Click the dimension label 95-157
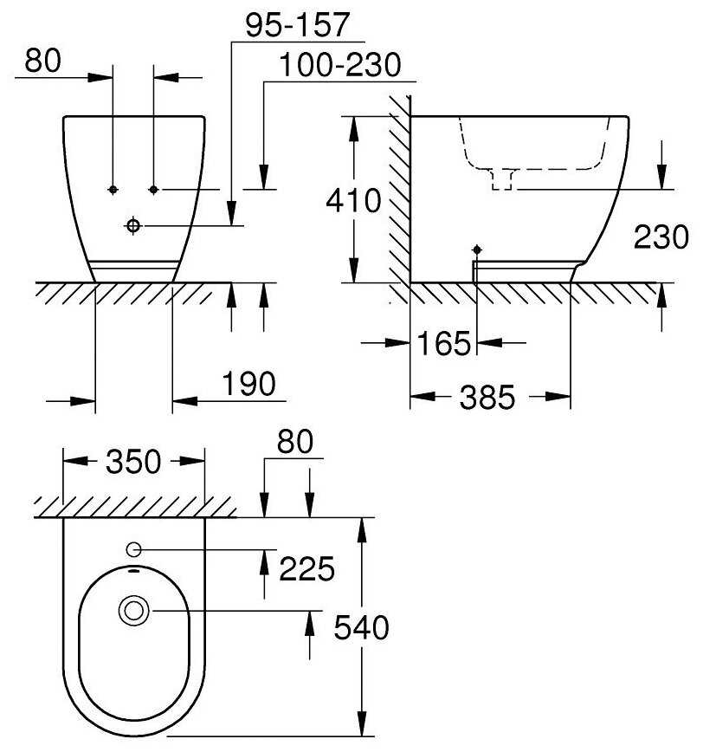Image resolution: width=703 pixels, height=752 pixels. click(x=298, y=25)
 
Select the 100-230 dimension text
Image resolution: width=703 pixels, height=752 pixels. click(x=339, y=65)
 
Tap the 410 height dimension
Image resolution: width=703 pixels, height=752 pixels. click(x=353, y=200)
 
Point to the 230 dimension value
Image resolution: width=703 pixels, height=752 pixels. click(x=661, y=237)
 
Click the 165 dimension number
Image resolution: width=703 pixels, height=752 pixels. click(x=444, y=343)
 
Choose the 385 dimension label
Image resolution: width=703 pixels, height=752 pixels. click(x=487, y=397)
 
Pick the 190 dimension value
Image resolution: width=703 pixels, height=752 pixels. click(x=248, y=384)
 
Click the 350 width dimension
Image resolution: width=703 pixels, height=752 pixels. click(x=133, y=462)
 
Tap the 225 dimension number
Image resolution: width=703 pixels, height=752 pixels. click(x=306, y=569)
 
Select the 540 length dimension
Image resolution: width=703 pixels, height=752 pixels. click(x=361, y=627)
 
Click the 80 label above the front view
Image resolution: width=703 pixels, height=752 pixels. click(x=43, y=61)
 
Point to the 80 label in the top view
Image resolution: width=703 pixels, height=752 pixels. click(x=295, y=442)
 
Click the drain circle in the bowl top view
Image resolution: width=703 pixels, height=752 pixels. click(x=133, y=611)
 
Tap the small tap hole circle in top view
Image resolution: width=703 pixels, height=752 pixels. click(x=133, y=549)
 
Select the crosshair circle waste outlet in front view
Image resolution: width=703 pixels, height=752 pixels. click(x=133, y=225)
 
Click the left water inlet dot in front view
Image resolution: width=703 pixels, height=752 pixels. click(x=113, y=190)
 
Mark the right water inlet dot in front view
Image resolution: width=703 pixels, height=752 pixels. click(x=153, y=190)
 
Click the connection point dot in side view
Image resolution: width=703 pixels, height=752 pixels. click(x=477, y=250)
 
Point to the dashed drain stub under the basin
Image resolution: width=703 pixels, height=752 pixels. click(x=502, y=179)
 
